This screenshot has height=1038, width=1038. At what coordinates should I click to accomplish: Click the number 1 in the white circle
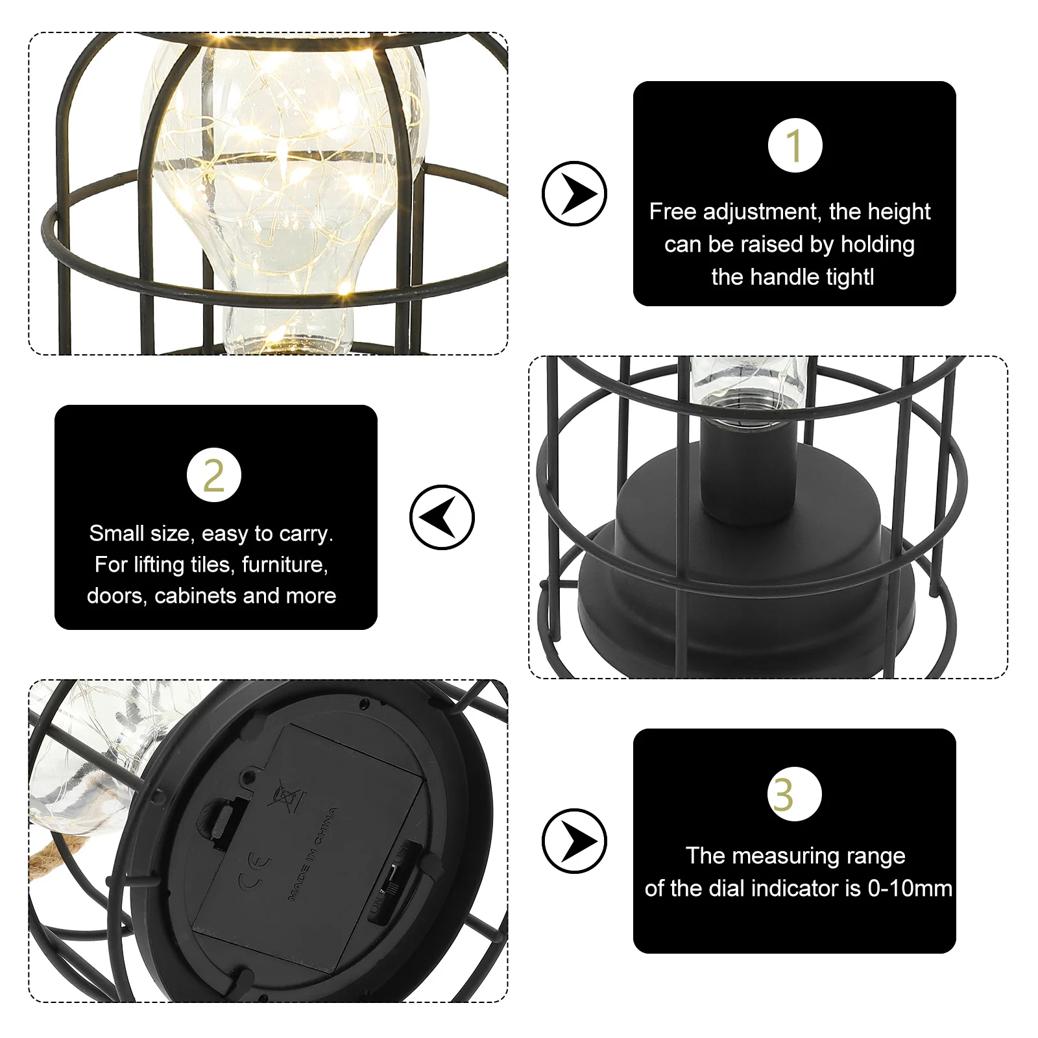[x=795, y=145]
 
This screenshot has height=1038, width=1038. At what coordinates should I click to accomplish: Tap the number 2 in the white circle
[x=213, y=475]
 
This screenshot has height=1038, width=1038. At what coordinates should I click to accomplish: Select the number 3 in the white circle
[x=794, y=794]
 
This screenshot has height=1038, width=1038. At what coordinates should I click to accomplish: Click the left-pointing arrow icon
[x=442, y=517]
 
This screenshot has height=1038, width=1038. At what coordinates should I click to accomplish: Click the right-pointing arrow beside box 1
[x=574, y=193]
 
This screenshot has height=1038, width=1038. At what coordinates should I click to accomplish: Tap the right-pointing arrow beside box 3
[x=574, y=841]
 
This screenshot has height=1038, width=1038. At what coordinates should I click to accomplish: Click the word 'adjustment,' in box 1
[x=762, y=211]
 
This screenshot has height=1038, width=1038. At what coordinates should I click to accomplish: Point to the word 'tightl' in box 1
[x=843, y=277]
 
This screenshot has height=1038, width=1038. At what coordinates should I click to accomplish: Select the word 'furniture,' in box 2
[x=285, y=564]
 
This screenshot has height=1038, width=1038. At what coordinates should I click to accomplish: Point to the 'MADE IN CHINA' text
[x=313, y=854]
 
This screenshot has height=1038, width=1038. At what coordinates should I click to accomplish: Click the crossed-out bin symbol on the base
[x=286, y=795]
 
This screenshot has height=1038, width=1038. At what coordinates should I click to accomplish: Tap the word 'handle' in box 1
[x=789, y=277]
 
